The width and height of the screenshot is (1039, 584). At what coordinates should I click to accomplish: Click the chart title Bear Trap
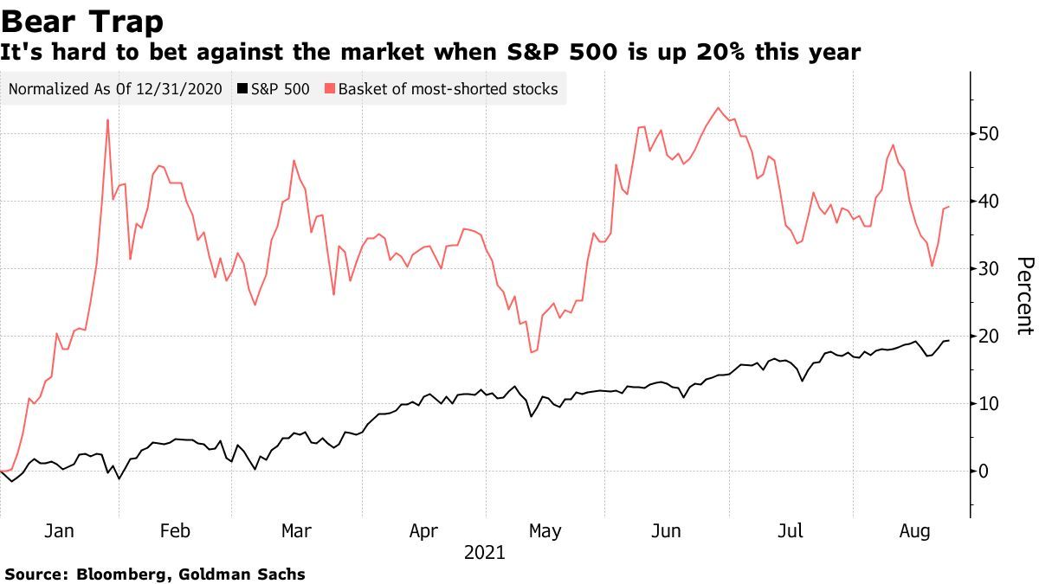pos(83,19)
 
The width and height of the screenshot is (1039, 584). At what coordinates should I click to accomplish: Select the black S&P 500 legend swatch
pos(242,89)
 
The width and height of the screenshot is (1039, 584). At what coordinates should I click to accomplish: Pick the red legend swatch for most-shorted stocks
pos(330,89)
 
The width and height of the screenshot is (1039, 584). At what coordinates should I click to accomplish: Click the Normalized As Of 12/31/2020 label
pos(116,89)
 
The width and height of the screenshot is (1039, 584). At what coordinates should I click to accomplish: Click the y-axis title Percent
pos(1024,295)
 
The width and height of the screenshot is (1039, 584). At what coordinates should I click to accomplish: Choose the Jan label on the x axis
pos(58,531)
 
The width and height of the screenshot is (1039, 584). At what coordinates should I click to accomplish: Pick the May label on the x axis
pos(545,531)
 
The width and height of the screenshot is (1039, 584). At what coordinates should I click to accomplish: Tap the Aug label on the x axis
pos(915,531)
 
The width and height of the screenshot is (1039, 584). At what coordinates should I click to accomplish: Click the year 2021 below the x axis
pos(485,552)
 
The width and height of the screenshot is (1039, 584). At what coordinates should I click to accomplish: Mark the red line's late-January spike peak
pos(107,120)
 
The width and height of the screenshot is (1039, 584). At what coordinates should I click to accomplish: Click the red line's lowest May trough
pos(531,352)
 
